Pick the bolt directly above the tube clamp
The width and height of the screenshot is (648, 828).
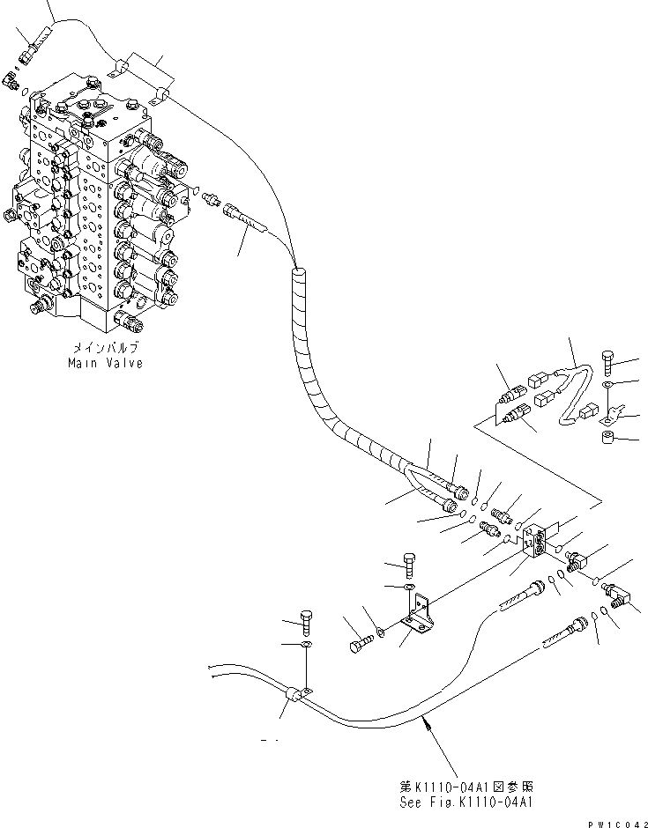[x=305, y=621]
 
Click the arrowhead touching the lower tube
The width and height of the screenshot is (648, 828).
[x=428, y=720]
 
